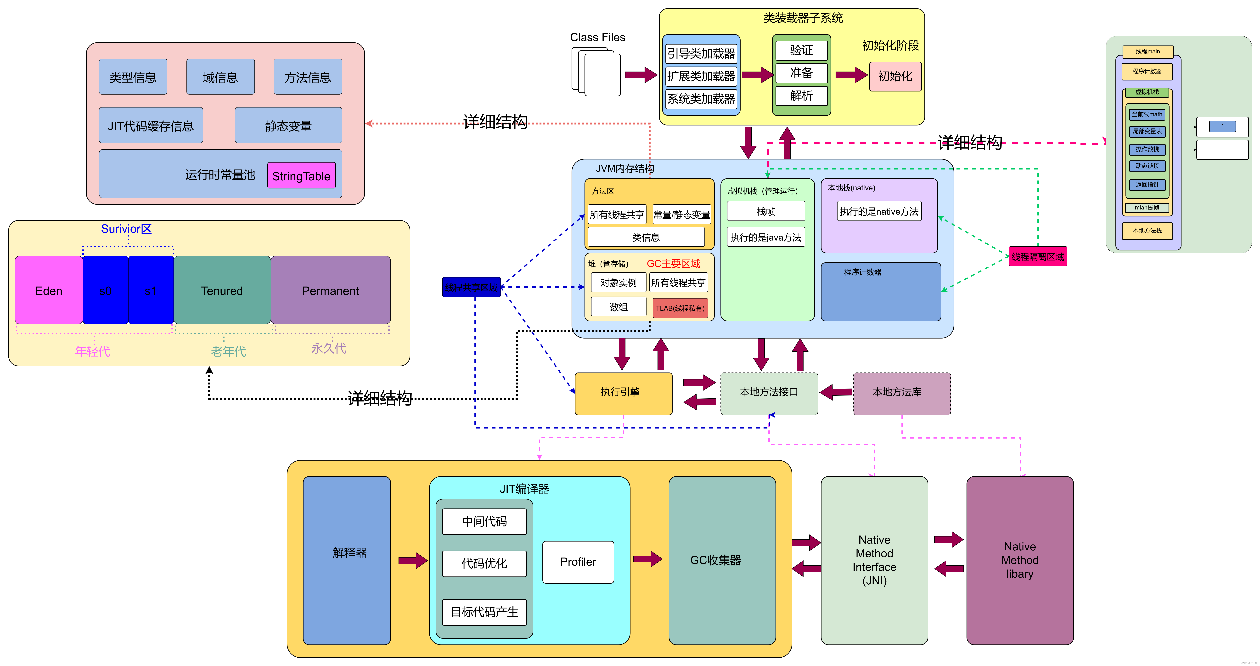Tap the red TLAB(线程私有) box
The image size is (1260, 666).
click(x=680, y=308)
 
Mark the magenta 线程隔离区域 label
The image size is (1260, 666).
click(x=1037, y=256)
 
